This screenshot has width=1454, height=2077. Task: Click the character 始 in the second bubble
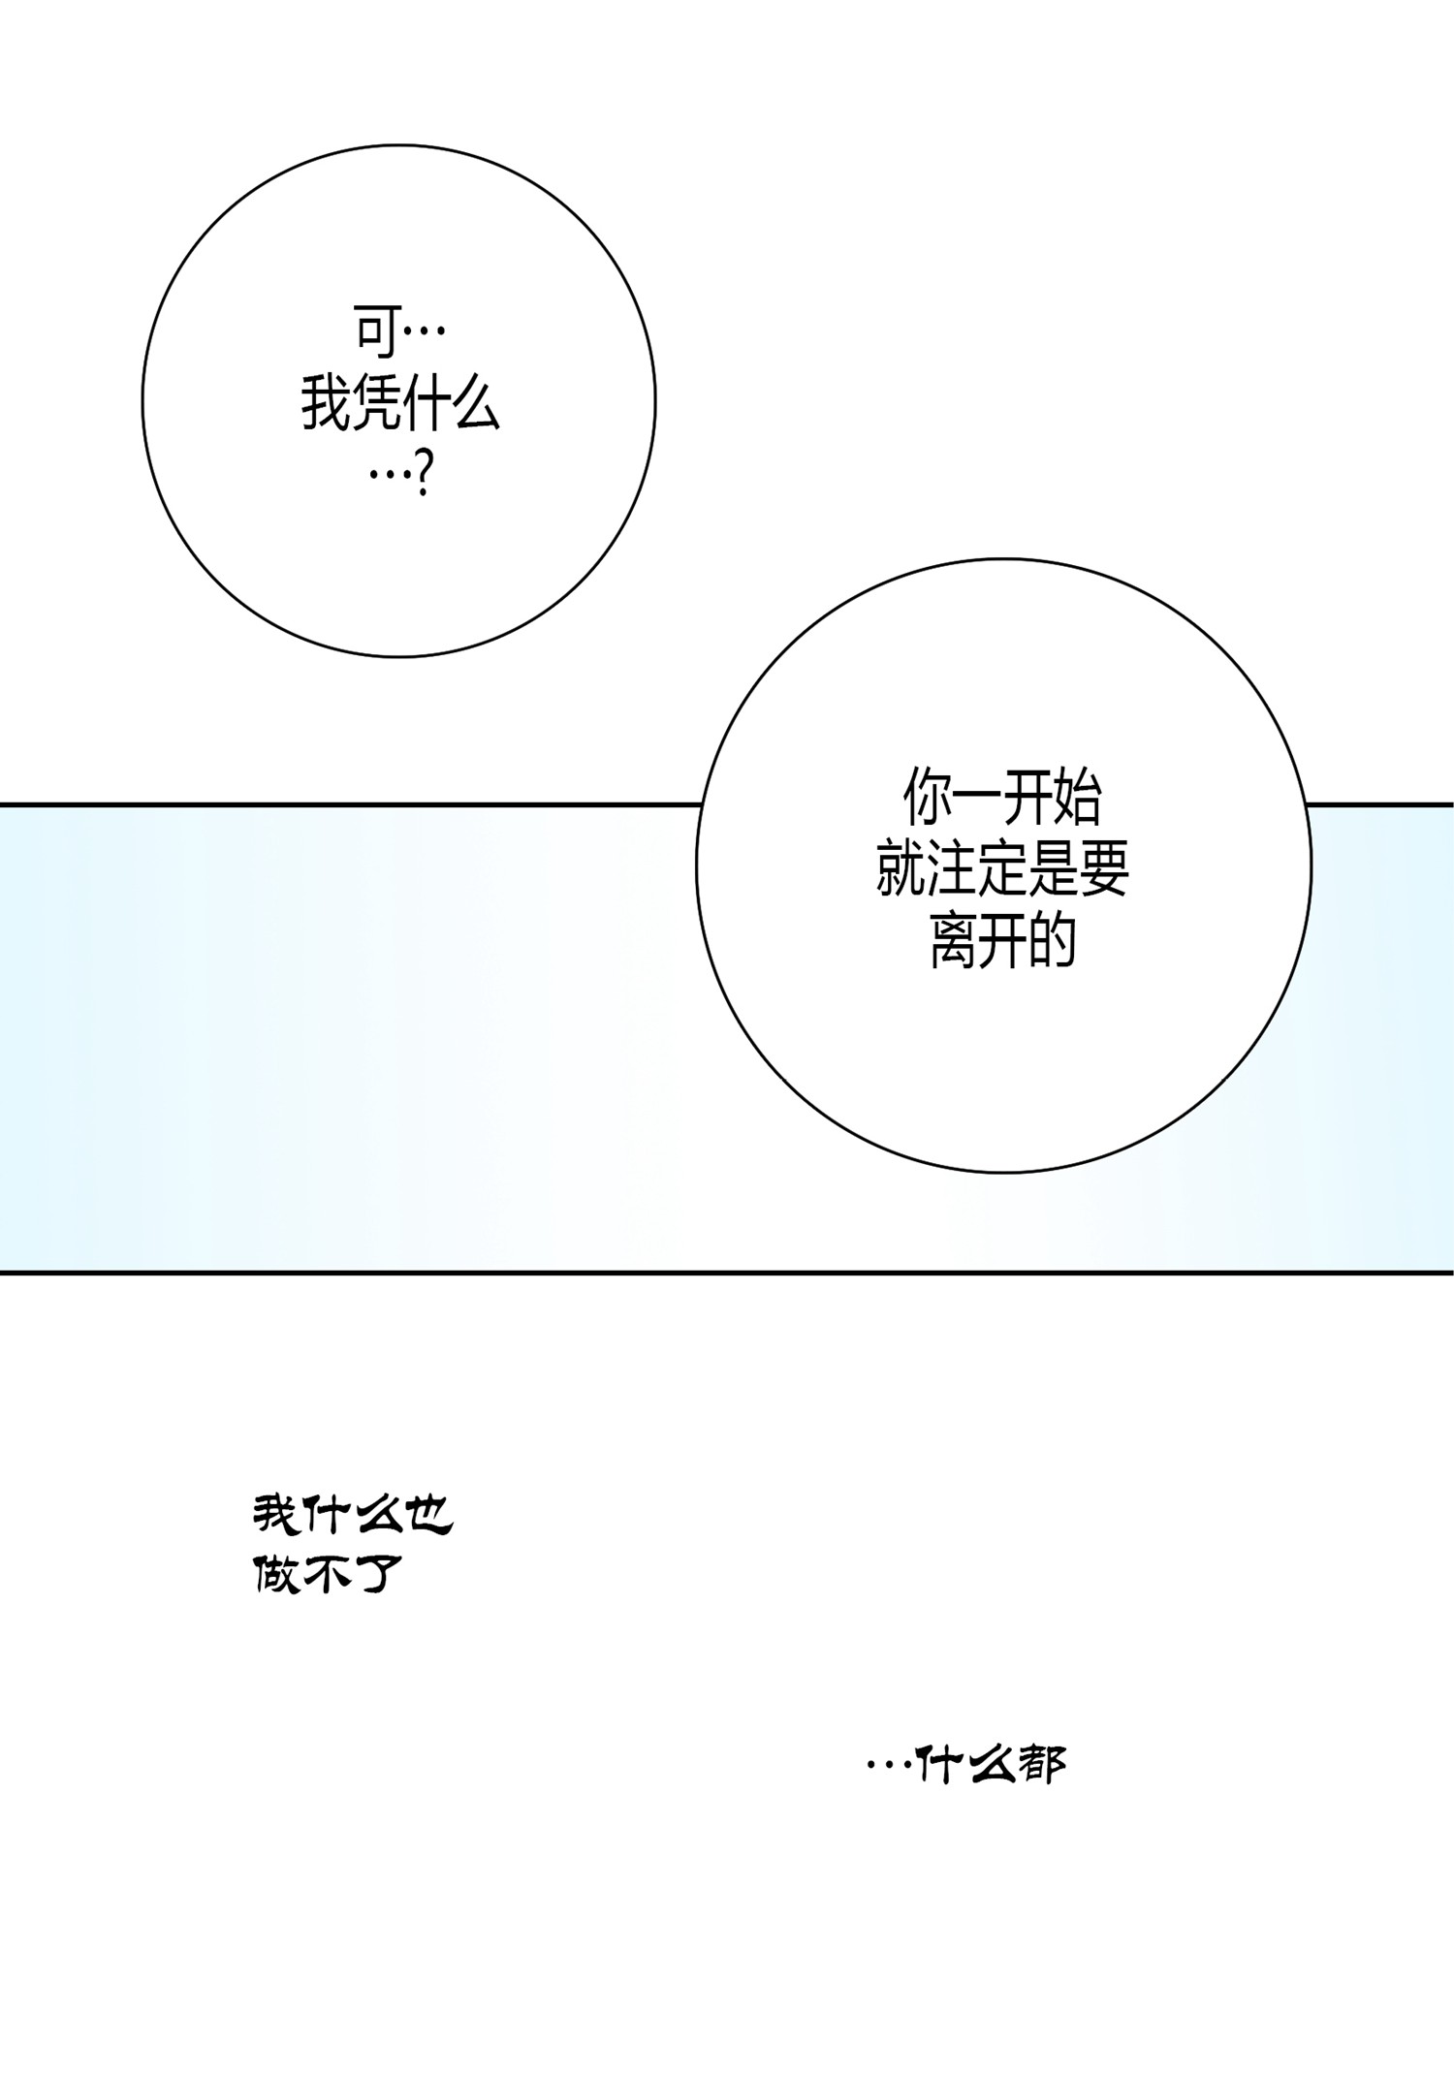click(x=1077, y=797)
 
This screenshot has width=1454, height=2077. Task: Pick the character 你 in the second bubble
click(x=928, y=797)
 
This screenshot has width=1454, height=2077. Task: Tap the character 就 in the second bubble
click(x=901, y=869)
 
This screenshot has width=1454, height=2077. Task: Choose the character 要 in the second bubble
click(x=1104, y=869)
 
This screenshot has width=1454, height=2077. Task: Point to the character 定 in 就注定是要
click(x=1002, y=869)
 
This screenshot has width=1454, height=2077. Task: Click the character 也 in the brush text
click(x=428, y=1515)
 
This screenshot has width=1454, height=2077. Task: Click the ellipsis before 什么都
click(x=889, y=1766)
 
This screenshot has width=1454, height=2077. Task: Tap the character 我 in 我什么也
click(x=277, y=1515)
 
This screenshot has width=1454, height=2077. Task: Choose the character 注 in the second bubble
click(x=951, y=869)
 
